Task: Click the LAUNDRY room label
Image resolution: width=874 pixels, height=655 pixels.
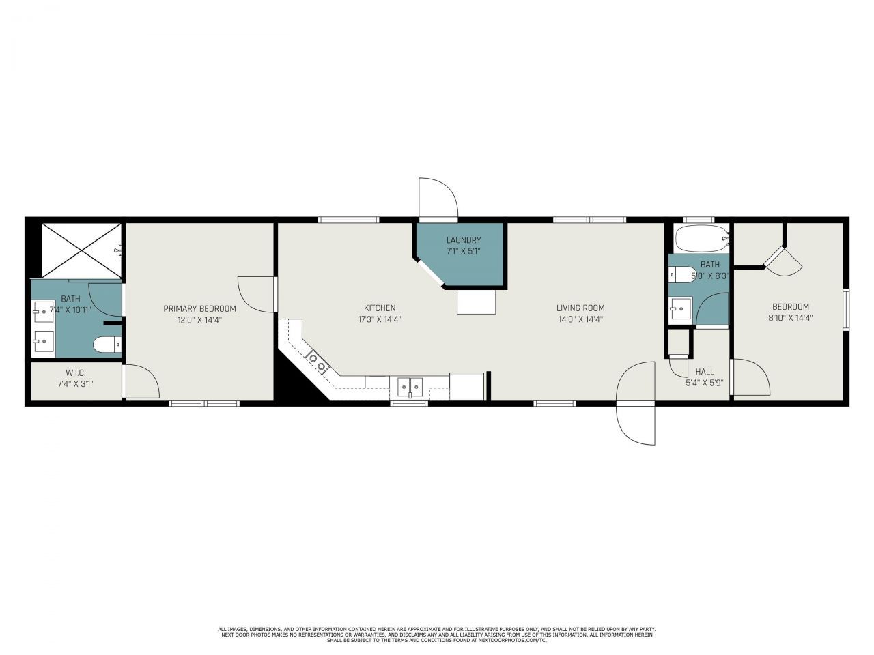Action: (x=464, y=240)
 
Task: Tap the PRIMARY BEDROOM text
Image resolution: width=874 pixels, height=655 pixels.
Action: (x=199, y=308)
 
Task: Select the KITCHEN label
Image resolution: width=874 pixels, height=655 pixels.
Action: (x=380, y=308)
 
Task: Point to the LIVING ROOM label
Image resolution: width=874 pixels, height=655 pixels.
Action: (x=580, y=308)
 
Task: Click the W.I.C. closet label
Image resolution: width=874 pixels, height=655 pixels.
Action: (x=75, y=373)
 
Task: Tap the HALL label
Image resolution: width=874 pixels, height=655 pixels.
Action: (x=705, y=372)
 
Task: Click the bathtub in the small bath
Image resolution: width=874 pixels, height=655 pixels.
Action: (x=701, y=239)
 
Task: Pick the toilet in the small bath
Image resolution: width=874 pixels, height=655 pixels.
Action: (x=680, y=274)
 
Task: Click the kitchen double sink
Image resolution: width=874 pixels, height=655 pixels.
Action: (x=410, y=387)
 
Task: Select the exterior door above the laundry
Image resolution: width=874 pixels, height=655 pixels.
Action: (x=438, y=199)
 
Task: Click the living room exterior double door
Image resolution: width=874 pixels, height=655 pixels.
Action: (x=636, y=404)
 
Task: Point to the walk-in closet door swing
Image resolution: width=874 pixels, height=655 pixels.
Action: (x=141, y=382)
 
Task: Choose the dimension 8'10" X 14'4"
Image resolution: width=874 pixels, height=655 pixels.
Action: (x=791, y=318)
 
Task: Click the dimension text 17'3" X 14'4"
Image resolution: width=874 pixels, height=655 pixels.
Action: (x=380, y=319)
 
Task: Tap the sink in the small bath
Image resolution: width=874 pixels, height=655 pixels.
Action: (x=680, y=309)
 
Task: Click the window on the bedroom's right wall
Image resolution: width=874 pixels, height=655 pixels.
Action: (x=846, y=308)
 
